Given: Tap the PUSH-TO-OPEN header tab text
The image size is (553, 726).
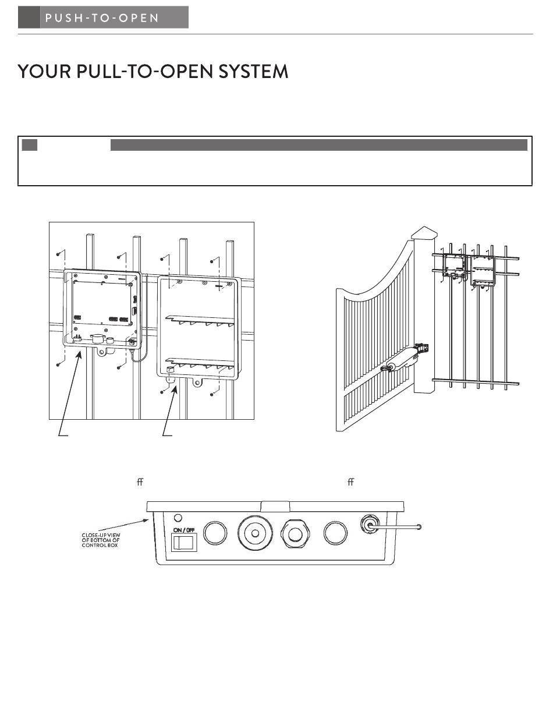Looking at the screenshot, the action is [x=101, y=17].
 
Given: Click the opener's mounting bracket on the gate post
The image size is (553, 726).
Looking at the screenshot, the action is [x=424, y=348].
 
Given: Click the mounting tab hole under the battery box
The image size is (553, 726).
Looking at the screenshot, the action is [x=198, y=384].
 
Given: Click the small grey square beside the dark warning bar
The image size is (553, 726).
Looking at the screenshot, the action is [x=29, y=144].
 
